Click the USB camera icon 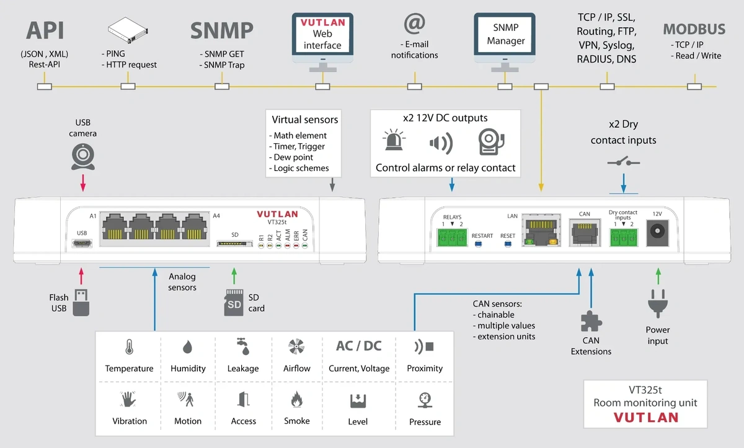click(x=83, y=157)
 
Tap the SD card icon click(x=234, y=302)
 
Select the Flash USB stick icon click(x=81, y=302)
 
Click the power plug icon click(x=658, y=304)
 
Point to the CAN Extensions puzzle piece click(x=591, y=321)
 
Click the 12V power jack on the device click(x=657, y=232)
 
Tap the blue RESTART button click(x=478, y=244)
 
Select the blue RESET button click(x=508, y=244)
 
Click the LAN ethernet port click(x=541, y=231)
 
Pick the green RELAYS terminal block click(x=452, y=237)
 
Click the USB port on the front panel click(x=82, y=244)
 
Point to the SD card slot click(x=234, y=244)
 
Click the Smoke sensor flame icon click(x=296, y=399)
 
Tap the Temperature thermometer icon click(x=129, y=347)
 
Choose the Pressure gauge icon click(x=425, y=400)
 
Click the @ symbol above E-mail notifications click(x=415, y=23)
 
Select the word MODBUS click(x=694, y=29)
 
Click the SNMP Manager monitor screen click(x=505, y=34)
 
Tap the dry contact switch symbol click(x=624, y=162)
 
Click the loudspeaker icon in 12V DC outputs click(x=441, y=143)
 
